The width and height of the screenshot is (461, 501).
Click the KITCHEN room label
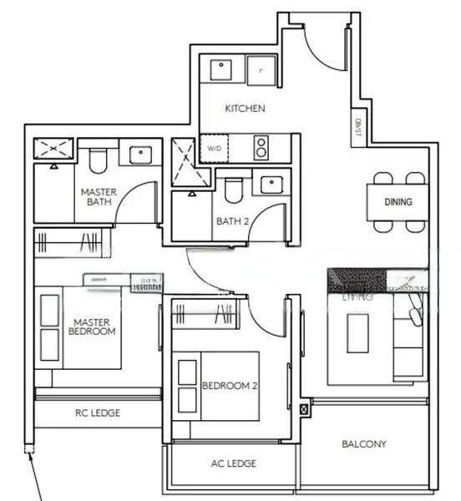245,109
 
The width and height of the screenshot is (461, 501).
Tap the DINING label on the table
398,202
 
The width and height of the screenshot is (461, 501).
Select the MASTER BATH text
98,196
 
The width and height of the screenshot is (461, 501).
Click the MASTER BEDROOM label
93,326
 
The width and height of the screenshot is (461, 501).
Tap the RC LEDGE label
98,412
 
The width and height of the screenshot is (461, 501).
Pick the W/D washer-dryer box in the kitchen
215,149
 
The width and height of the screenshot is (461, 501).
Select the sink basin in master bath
139,154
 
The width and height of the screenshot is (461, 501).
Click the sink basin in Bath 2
271,185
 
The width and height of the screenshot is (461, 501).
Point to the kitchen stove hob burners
262,147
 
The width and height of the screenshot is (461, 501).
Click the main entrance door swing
326,46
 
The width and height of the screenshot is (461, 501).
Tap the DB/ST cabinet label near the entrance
358,129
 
